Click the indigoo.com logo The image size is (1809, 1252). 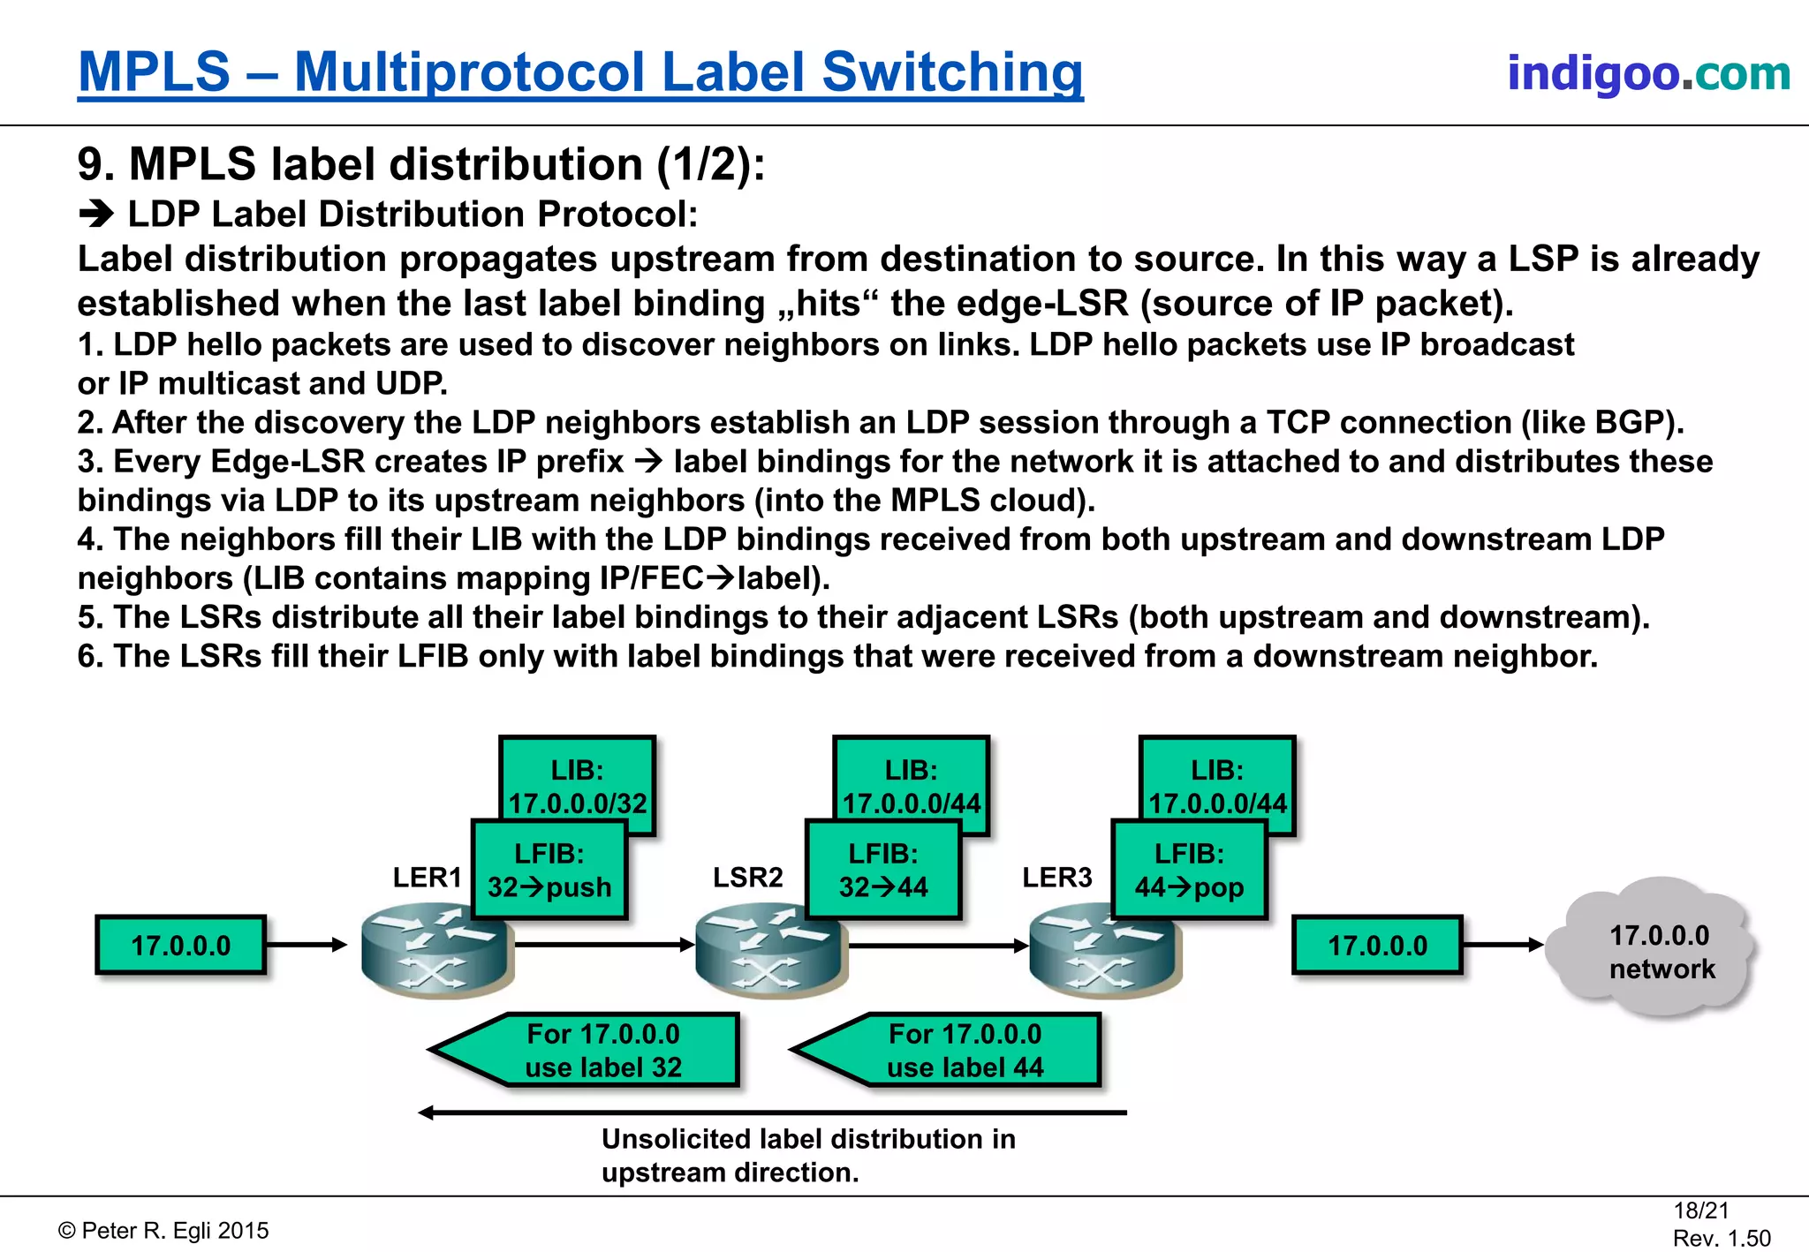click(1648, 73)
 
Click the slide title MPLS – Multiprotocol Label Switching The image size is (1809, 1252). click(580, 72)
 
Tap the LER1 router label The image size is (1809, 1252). click(427, 878)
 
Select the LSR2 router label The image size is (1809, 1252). click(747, 878)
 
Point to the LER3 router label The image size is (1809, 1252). click(1056, 878)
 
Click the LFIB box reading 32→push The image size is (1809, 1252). click(549, 871)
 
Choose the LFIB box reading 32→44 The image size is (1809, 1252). click(882, 871)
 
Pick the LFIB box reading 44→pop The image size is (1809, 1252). click(1189, 871)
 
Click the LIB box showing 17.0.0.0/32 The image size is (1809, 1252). click(578, 778)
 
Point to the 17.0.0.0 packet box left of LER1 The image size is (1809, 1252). click(180, 946)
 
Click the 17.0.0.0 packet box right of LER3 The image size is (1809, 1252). click(1377, 946)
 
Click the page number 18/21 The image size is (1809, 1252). click(1700, 1211)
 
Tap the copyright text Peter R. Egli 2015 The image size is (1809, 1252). click(164, 1231)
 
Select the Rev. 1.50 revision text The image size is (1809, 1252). click(1722, 1239)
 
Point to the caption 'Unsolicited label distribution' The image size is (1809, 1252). click(808, 1139)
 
